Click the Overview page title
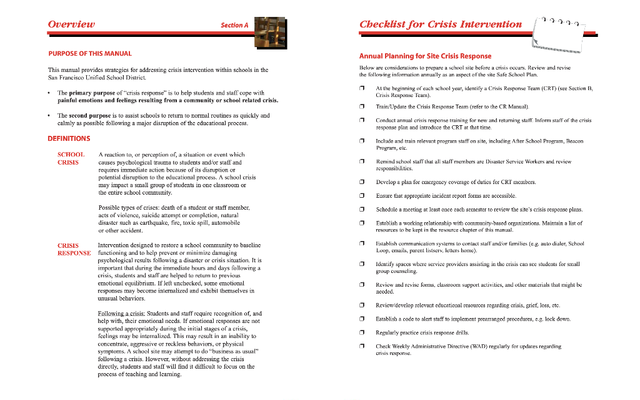71,24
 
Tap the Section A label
234,25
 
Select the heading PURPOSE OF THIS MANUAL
90,54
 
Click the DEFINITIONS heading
69,138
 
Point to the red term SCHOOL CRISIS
70,158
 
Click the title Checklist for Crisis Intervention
441,24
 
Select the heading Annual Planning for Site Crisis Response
425,56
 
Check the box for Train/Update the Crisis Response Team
362,108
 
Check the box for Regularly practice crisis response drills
362,333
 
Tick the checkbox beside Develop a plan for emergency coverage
362,182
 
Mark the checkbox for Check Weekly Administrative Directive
362,346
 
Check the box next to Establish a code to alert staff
362,319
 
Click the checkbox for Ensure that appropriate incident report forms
362,196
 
